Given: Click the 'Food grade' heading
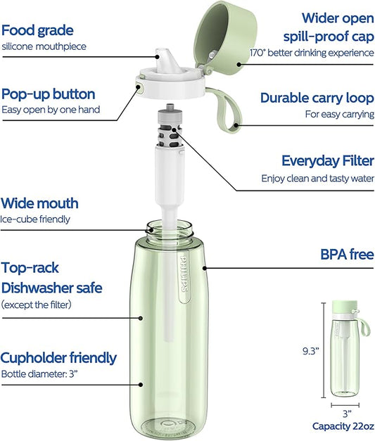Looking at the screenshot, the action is click(37, 30).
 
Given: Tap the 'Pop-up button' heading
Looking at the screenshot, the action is click(48, 94).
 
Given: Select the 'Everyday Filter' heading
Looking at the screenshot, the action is click(328, 161).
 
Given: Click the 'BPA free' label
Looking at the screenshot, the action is click(347, 254).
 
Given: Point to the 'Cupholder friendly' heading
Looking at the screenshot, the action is click(58, 358).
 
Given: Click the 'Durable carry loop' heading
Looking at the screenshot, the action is click(317, 98).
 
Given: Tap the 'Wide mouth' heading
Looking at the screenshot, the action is click(39, 203).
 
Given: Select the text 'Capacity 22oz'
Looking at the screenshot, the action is click(343, 426).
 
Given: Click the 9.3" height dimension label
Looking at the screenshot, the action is click(310, 351).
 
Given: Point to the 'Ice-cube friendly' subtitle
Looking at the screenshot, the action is click(35, 219).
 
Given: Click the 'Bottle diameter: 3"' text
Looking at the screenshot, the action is click(39, 374).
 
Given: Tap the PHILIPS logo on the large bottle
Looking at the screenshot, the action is click(184, 273).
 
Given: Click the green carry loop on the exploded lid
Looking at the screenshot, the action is click(226, 110).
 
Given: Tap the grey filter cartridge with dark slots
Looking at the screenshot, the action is click(170, 127).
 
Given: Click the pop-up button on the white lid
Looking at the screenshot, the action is click(139, 87).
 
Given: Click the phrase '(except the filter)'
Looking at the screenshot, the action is click(37, 305).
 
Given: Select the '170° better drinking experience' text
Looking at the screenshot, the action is click(312, 53).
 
